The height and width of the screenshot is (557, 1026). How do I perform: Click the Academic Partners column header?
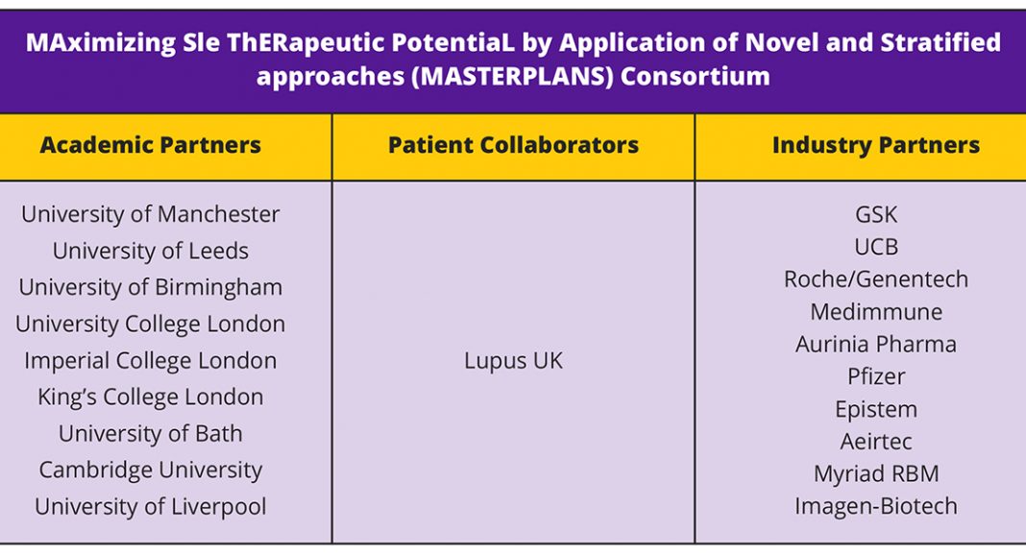click(x=151, y=145)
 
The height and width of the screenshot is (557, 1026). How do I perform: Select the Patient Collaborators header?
click(x=513, y=145)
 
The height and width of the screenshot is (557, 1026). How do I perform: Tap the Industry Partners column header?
click(x=875, y=145)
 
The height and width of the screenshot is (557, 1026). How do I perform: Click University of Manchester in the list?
click(x=151, y=214)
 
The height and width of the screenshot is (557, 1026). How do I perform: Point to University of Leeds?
click(x=151, y=251)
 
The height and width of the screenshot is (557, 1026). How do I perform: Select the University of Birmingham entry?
click(x=151, y=288)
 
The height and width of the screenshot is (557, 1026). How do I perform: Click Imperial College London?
click(x=151, y=361)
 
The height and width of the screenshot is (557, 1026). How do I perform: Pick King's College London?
click(x=151, y=398)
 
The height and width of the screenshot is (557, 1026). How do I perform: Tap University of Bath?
click(x=151, y=434)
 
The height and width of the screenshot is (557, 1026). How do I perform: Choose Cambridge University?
click(x=151, y=471)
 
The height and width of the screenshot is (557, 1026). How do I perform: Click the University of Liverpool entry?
click(x=151, y=507)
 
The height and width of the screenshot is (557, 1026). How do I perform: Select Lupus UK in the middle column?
click(x=513, y=361)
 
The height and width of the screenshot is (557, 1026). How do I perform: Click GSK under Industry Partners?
click(x=875, y=214)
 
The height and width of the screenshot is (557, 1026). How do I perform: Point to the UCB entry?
click(x=875, y=247)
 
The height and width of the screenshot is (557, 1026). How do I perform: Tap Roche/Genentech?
click(x=875, y=279)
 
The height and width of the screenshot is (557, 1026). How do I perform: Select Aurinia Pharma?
click(x=875, y=345)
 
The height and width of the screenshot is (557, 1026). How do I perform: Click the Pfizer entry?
click(x=875, y=377)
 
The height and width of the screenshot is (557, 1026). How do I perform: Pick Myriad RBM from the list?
click(x=875, y=474)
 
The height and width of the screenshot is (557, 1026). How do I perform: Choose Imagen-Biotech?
click(x=875, y=507)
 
